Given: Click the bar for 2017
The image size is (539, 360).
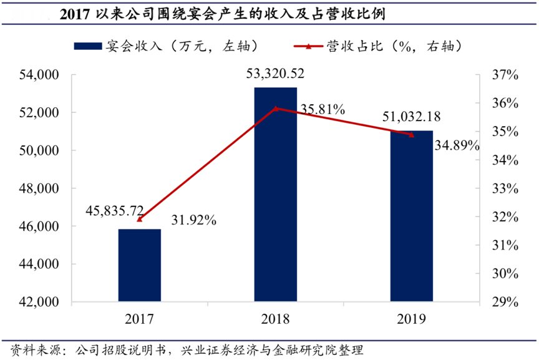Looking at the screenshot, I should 139,265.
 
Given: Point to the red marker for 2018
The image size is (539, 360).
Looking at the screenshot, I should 275,109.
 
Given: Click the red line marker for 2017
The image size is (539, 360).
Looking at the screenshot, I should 139,219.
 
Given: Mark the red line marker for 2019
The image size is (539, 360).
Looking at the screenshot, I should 411,134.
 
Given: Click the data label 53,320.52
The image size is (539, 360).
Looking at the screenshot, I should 275,74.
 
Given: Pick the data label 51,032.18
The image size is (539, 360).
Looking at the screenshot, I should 410,118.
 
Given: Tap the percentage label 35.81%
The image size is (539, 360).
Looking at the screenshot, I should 323,110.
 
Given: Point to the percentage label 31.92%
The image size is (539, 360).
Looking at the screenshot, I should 193,220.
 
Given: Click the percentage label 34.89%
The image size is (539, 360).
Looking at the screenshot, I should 457,146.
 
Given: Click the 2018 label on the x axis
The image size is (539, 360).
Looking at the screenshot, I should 275,319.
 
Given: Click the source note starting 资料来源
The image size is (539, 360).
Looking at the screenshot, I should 187,349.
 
